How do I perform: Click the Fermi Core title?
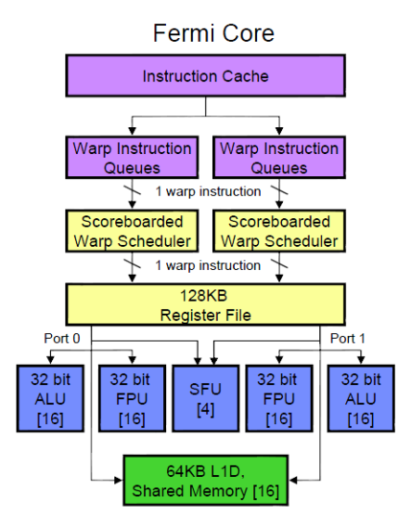pyautogui.click(x=213, y=33)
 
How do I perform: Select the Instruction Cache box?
pyautogui.click(x=206, y=76)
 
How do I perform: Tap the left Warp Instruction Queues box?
pyautogui.click(x=132, y=158)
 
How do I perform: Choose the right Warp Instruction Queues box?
pyautogui.click(x=279, y=158)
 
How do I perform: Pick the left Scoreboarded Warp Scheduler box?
pyautogui.click(x=132, y=231)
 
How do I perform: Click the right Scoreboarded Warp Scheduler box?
pyautogui.click(x=279, y=231)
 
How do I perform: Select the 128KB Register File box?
pyautogui.click(x=206, y=304)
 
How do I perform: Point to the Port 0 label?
pyautogui.click(x=62, y=339)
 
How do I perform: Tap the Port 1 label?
pyautogui.click(x=348, y=339)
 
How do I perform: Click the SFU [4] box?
pyautogui.click(x=206, y=398)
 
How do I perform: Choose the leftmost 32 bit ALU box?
pyautogui.click(x=50, y=398)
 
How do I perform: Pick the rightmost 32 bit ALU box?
pyautogui.click(x=361, y=398)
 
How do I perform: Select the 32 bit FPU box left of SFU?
pyautogui.click(x=132, y=398)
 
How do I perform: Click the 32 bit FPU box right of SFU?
pyautogui.click(x=279, y=398)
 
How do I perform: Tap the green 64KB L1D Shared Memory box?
pyautogui.click(x=206, y=481)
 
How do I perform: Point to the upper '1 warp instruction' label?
pyautogui.click(x=208, y=191)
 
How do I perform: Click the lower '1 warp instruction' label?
pyautogui.click(x=208, y=265)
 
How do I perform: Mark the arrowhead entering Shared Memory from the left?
pyautogui.click(x=119, y=480)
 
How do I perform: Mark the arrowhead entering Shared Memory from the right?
pyautogui.click(x=293, y=480)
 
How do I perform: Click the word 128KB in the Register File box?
pyautogui.click(x=203, y=296)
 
